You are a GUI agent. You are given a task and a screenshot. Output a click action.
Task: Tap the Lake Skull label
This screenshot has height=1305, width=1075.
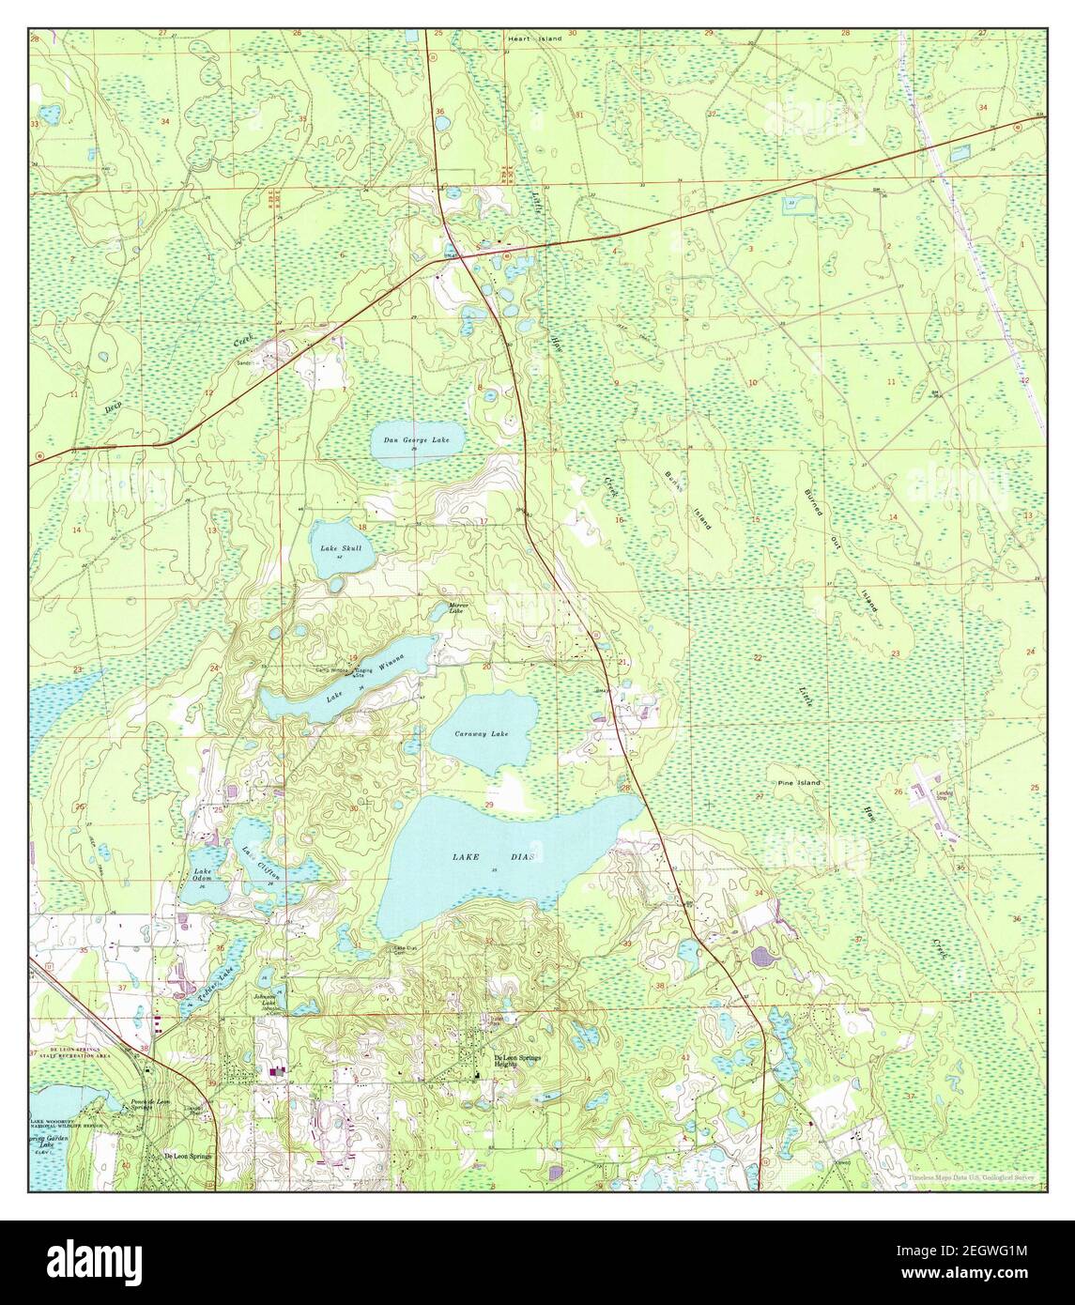[x=336, y=548]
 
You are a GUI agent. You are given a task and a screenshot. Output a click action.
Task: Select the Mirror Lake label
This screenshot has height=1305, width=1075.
[x=457, y=608]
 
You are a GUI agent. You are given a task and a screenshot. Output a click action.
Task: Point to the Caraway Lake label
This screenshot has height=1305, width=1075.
[x=481, y=732]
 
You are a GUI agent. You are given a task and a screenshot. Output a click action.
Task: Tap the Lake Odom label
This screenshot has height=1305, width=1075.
[x=203, y=876]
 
